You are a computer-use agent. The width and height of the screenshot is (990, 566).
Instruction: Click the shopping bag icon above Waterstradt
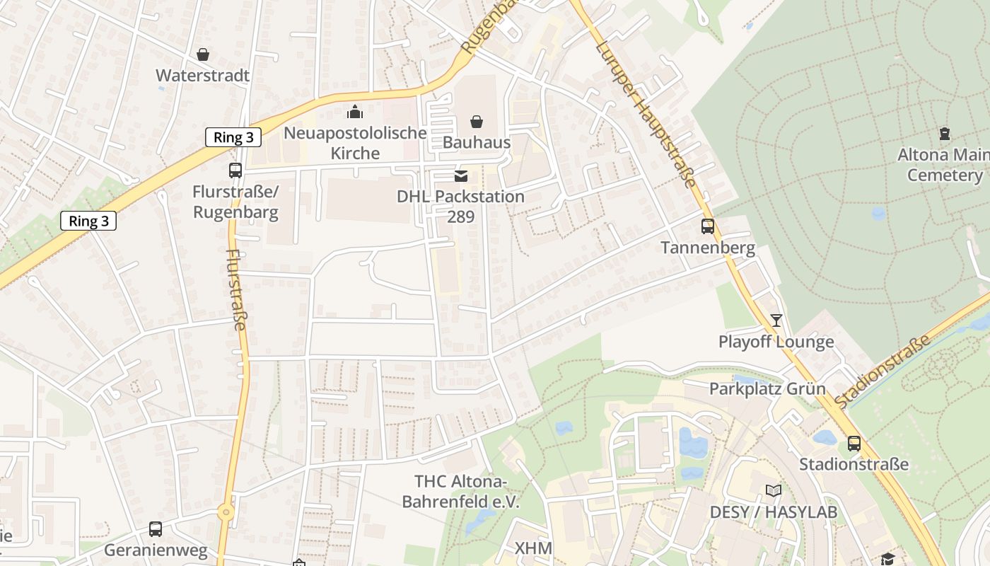203,54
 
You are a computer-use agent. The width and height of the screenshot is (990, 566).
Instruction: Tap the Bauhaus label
476,142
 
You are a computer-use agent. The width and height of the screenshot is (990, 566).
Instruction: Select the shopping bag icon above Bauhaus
477,122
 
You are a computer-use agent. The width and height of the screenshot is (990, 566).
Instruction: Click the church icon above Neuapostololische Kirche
355,112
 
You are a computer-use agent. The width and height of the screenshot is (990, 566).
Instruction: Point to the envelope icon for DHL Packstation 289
461,175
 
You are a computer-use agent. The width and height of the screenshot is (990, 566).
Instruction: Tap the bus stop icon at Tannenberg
708,226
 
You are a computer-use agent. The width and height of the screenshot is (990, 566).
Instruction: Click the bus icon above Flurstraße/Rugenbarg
235,171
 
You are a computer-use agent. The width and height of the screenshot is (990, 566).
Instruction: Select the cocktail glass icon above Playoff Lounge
776,320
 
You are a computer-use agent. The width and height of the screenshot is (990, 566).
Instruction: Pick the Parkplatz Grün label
767,388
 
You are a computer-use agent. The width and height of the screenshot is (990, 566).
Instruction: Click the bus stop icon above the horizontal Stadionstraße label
854,444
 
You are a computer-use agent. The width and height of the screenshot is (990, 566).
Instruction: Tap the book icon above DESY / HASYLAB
774,490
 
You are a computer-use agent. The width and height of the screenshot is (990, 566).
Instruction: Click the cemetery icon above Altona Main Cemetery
944,133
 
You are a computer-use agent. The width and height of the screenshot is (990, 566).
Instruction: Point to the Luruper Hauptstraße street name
645,114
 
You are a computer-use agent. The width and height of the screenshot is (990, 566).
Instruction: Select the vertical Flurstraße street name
236,289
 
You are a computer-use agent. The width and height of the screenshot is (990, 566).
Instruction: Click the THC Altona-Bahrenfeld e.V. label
461,492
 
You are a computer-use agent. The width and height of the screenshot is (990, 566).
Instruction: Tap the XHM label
533,548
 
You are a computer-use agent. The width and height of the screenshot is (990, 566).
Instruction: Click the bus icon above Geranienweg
156,529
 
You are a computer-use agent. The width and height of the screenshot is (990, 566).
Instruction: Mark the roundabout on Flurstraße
226,512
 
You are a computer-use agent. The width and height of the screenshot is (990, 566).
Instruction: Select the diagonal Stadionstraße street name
883,373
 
